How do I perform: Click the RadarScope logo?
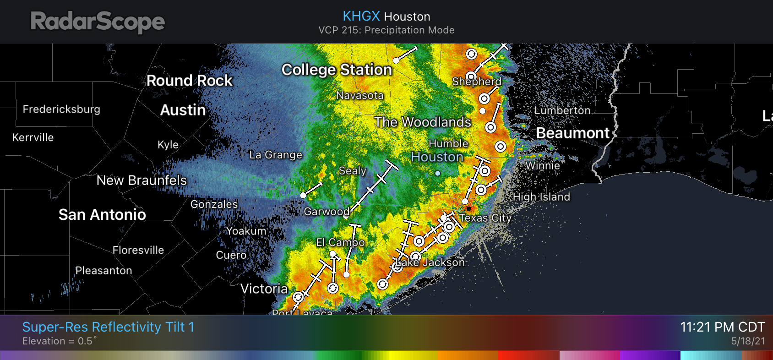tap(98, 22)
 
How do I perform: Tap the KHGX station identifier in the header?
tap(361, 16)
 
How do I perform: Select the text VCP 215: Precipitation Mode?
tap(386, 30)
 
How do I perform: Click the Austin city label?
tap(183, 110)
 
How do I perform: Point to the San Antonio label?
tap(102, 215)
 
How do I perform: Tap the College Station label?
tap(337, 70)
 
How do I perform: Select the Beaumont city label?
tap(572, 133)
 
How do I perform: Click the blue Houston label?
tap(437, 157)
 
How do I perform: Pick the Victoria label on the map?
tap(264, 289)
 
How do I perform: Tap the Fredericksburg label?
tap(61, 109)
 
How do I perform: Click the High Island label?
tap(541, 197)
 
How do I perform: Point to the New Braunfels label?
tap(142, 180)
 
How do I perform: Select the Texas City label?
tap(485, 218)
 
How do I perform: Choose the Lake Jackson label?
tap(430, 262)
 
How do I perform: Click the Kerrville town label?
tap(33, 137)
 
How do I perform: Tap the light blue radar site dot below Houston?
tap(438, 173)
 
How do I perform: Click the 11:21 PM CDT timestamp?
tap(722, 327)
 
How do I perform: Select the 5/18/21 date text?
tap(748, 341)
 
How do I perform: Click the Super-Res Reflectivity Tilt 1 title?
tap(108, 327)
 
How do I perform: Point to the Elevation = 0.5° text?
tap(60, 341)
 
